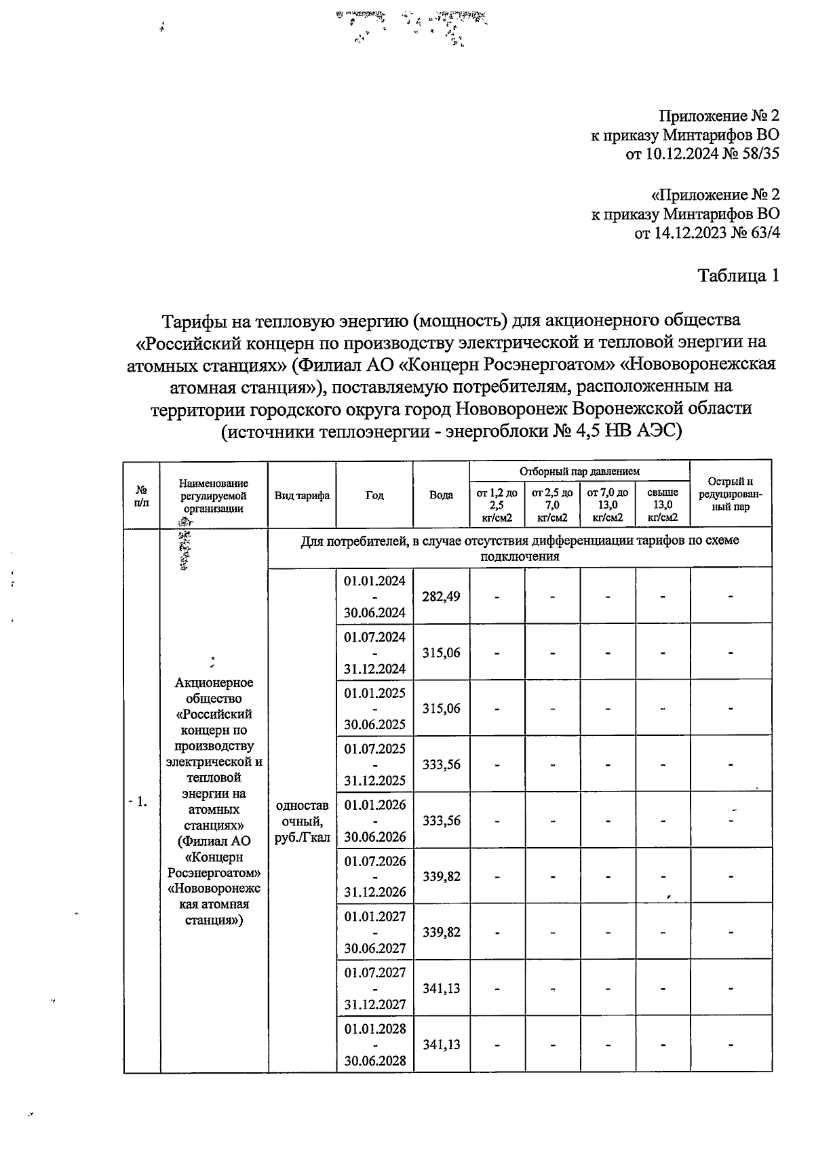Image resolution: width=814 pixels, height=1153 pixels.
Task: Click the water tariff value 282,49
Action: (x=441, y=596)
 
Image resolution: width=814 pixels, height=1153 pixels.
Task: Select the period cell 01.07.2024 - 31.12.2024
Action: (x=374, y=652)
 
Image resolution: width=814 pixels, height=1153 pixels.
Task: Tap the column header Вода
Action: (x=441, y=495)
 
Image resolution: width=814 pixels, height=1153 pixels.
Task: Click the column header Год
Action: (x=374, y=495)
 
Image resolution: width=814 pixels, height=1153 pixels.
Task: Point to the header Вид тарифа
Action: (x=302, y=495)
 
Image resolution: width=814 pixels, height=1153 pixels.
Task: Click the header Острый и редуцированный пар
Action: (x=731, y=494)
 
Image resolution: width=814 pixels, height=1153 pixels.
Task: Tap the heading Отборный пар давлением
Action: (x=579, y=471)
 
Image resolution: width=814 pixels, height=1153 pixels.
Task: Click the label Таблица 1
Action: (x=738, y=276)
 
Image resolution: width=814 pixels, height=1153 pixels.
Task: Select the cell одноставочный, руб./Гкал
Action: (x=302, y=821)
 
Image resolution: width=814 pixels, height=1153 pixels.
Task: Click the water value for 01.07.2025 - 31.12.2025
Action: (x=441, y=764)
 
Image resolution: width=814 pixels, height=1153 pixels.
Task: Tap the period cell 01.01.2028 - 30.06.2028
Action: (x=374, y=1044)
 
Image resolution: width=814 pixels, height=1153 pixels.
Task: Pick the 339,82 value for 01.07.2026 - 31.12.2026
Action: (x=441, y=876)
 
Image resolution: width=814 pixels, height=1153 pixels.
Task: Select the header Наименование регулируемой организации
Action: (x=214, y=495)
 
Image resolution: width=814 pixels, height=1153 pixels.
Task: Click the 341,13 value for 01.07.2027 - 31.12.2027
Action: (x=441, y=988)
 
